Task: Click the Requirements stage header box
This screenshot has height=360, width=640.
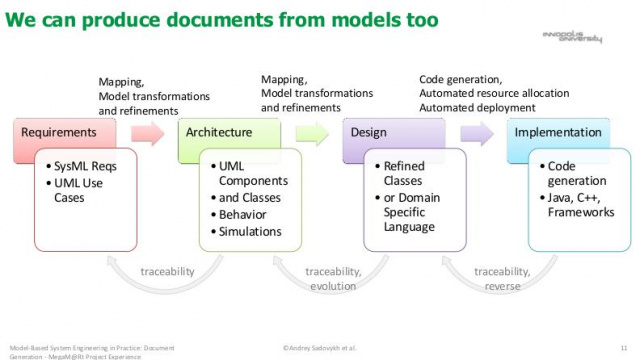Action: point(60,132)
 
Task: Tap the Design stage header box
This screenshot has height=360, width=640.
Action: point(385,132)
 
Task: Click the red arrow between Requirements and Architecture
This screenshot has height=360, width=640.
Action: point(145,133)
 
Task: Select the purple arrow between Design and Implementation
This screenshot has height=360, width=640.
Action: point(476,133)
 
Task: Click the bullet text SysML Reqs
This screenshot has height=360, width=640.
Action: point(85,167)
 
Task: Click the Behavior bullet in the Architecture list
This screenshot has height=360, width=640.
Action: point(246,215)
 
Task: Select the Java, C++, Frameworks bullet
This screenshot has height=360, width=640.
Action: point(577,205)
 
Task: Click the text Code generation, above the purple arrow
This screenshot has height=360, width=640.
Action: point(461,79)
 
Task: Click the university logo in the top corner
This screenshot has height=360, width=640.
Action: point(578,37)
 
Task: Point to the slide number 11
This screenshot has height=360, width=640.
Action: point(624,347)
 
